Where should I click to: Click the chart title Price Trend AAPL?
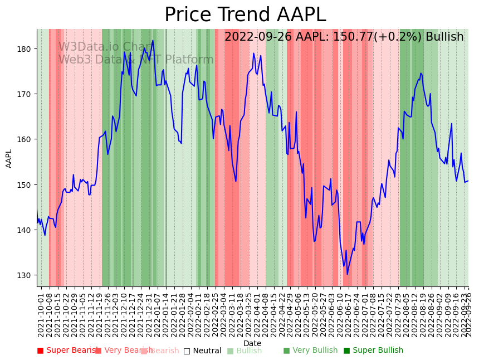[x=245, y=15]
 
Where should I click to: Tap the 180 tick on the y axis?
[x=27, y=49]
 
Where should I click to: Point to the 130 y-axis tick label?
[x=27, y=275]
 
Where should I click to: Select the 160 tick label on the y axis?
[x=27, y=139]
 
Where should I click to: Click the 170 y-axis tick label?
[x=27, y=94]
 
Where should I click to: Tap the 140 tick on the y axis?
[x=27, y=230]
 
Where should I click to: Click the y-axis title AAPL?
[x=9, y=158]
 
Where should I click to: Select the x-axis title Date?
[x=252, y=344]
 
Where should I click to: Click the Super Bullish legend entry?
[x=373, y=351]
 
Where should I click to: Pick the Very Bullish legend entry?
[x=310, y=351]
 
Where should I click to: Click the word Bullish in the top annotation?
[x=444, y=37]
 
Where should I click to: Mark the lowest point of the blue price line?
[x=347, y=274]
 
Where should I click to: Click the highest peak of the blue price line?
[x=153, y=41]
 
